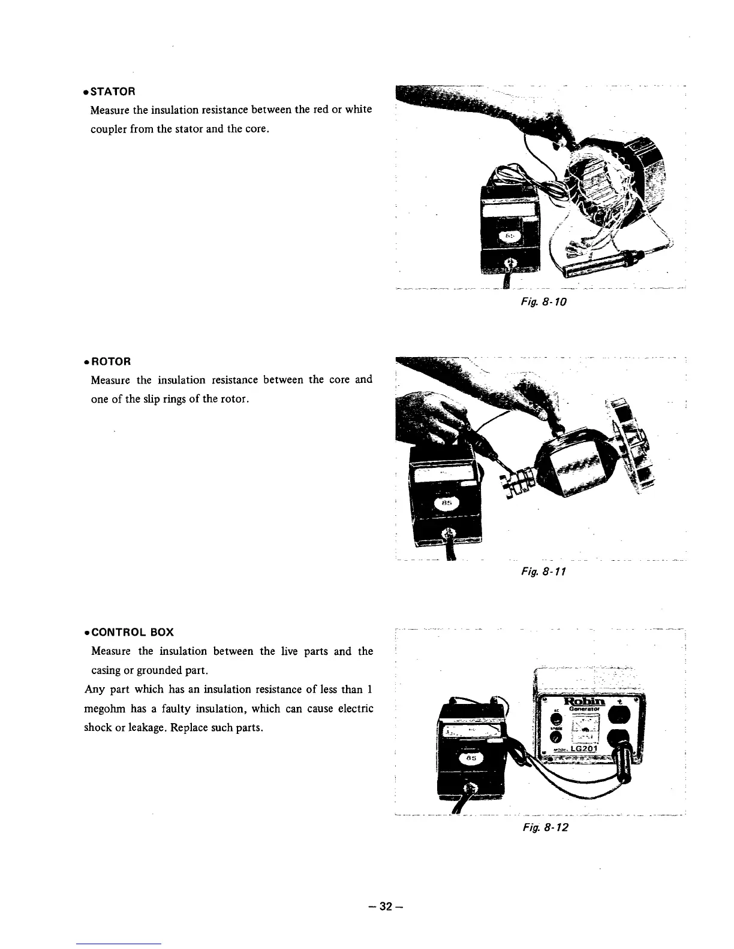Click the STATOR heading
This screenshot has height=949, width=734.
point(112,92)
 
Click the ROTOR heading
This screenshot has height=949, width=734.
point(110,362)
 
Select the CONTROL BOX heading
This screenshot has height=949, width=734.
point(132,632)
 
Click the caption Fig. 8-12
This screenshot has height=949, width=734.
point(545,827)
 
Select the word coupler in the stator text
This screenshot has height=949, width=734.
point(107,129)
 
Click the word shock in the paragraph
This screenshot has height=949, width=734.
point(100,729)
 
